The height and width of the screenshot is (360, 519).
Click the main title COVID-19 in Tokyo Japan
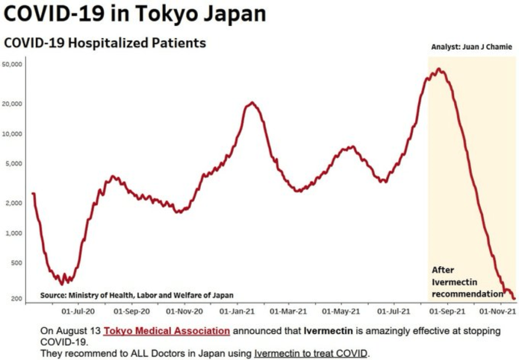135,14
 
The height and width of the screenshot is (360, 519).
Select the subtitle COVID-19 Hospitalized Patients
105,43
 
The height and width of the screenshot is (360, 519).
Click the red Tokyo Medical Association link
167,331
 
